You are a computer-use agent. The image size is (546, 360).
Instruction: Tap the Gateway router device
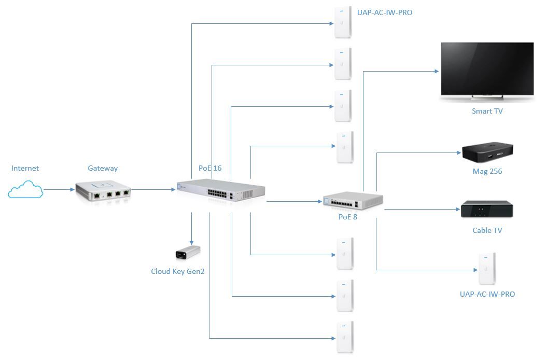(x=103, y=190)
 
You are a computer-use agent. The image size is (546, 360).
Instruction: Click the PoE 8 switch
(x=353, y=201)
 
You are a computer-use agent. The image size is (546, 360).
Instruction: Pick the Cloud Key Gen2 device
(x=188, y=253)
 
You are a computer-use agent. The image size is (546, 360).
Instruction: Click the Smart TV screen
(x=487, y=70)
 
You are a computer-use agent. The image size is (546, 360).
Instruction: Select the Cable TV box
(x=486, y=210)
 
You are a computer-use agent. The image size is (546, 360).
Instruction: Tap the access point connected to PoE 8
(x=487, y=268)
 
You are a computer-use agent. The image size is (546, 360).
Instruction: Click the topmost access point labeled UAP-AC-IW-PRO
(x=343, y=21)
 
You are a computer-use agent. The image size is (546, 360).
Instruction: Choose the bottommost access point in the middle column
(x=345, y=338)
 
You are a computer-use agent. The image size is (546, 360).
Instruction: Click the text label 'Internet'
(x=25, y=168)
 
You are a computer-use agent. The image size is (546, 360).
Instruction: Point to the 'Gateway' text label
(x=103, y=168)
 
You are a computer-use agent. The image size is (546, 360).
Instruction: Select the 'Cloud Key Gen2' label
(x=177, y=271)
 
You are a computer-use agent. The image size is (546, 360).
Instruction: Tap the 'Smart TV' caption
(x=487, y=111)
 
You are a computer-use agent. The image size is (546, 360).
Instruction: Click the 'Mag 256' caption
(x=487, y=171)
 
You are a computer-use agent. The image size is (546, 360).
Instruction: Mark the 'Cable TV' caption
(x=487, y=230)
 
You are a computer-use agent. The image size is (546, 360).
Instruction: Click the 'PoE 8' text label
(x=347, y=217)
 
